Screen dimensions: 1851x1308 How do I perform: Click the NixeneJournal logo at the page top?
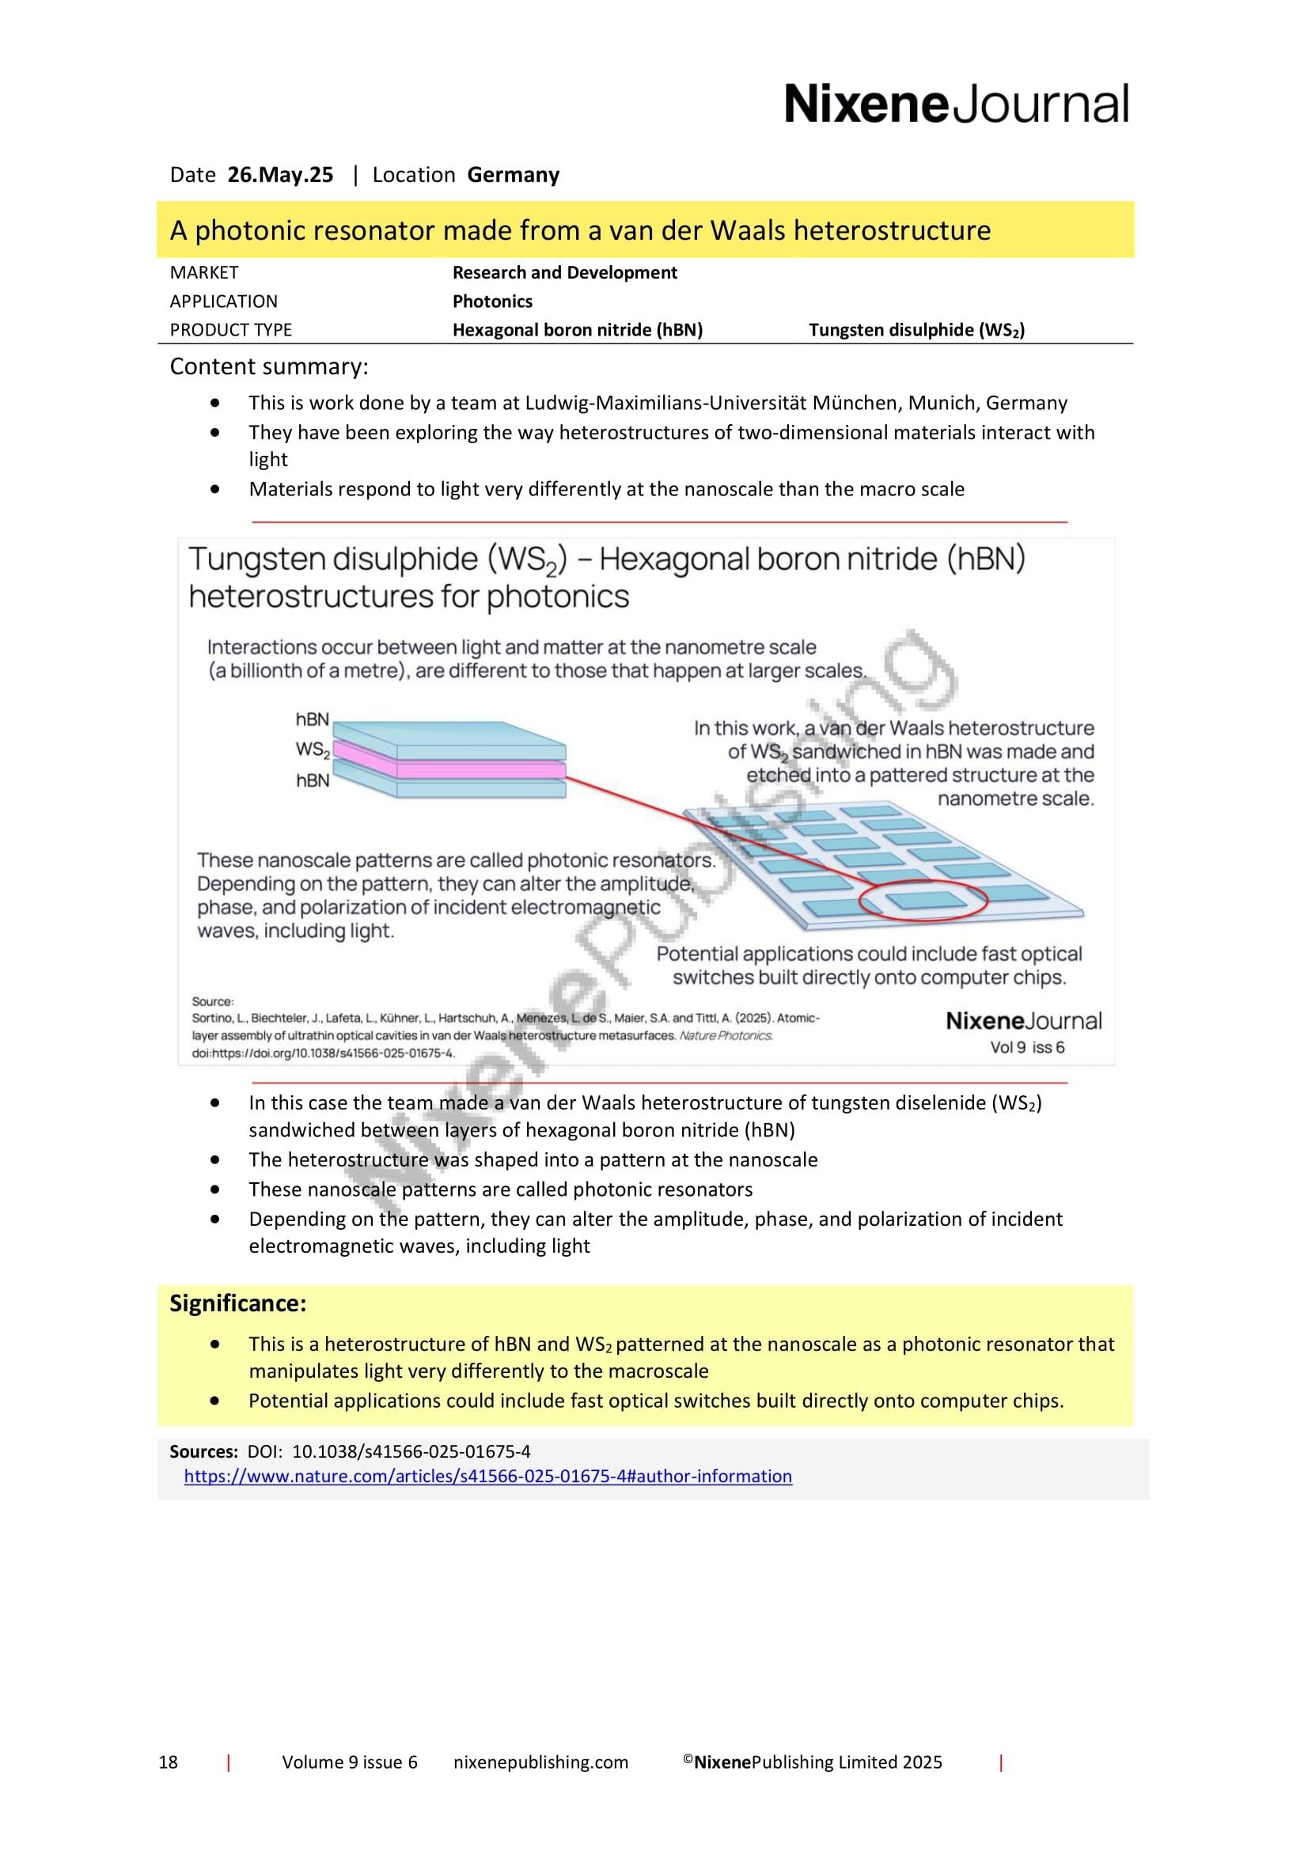click(x=956, y=104)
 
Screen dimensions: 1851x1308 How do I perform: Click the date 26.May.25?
click(x=279, y=175)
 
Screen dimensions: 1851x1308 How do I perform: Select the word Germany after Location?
click(x=513, y=175)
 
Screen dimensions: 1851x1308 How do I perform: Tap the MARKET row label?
click(x=204, y=272)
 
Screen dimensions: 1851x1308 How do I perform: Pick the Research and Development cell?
click(x=564, y=272)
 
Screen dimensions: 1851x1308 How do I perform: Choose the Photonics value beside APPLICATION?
click(x=491, y=302)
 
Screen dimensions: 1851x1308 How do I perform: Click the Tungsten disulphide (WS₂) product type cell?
click(x=916, y=330)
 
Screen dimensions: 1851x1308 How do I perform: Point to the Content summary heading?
click(x=268, y=367)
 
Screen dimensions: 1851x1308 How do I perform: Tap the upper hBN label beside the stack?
click(x=312, y=719)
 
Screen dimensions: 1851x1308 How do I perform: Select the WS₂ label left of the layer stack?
click(x=313, y=749)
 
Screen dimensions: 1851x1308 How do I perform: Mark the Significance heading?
click(x=237, y=1303)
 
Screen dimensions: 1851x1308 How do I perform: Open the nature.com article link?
click(x=487, y=1476)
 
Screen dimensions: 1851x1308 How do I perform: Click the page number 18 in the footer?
click(x=168, y=1762)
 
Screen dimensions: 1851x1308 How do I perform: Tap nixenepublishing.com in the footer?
click(x=540, y=1762)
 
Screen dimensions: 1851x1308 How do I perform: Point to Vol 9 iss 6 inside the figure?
click(x=1027, y=1047)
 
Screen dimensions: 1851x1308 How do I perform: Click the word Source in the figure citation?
click(x=212, y=1001)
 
